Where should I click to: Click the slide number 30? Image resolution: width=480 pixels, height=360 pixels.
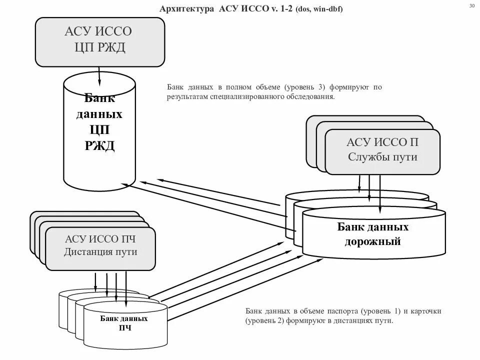point(472,6)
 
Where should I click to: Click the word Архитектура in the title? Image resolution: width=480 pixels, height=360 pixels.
point(186,9)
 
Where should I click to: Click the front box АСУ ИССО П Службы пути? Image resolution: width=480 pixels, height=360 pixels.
point(382,150)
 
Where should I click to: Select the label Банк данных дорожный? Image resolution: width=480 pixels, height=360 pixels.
point(373,234)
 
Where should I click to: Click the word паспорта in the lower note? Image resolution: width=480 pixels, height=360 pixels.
point(345,311)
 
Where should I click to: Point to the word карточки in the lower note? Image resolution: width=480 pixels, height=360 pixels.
point(425,311)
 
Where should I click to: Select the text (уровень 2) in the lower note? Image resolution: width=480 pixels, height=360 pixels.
point(264,321)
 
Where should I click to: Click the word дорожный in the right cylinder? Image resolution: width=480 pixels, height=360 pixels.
point(373,242)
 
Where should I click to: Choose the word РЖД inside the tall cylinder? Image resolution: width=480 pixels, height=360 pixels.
point(99,146)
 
